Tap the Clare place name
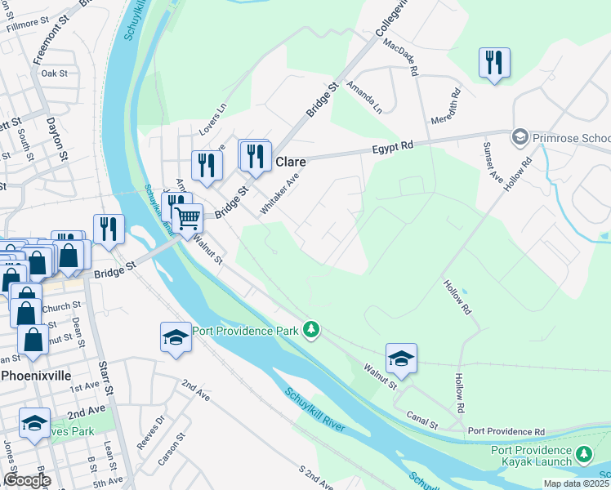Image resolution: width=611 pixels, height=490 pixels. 290,162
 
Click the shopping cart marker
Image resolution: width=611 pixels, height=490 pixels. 188,219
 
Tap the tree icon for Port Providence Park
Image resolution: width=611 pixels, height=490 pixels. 310,330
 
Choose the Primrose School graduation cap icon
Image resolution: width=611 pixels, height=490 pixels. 518,137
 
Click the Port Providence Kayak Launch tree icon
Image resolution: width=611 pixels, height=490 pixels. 583,453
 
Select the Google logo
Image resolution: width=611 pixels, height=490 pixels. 26,480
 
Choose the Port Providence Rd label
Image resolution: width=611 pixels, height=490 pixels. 506,430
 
